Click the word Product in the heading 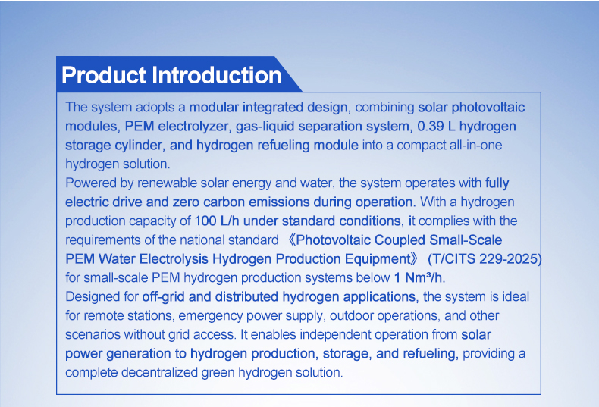(x=104, y=75)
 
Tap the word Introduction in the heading (x=217, y=75)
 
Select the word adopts (x=155, y=108)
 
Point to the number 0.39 (x=431, y=127)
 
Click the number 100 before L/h (x=206, y=221)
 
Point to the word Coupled (x=400, y=240)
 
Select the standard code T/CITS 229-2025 (x=483, y=259)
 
